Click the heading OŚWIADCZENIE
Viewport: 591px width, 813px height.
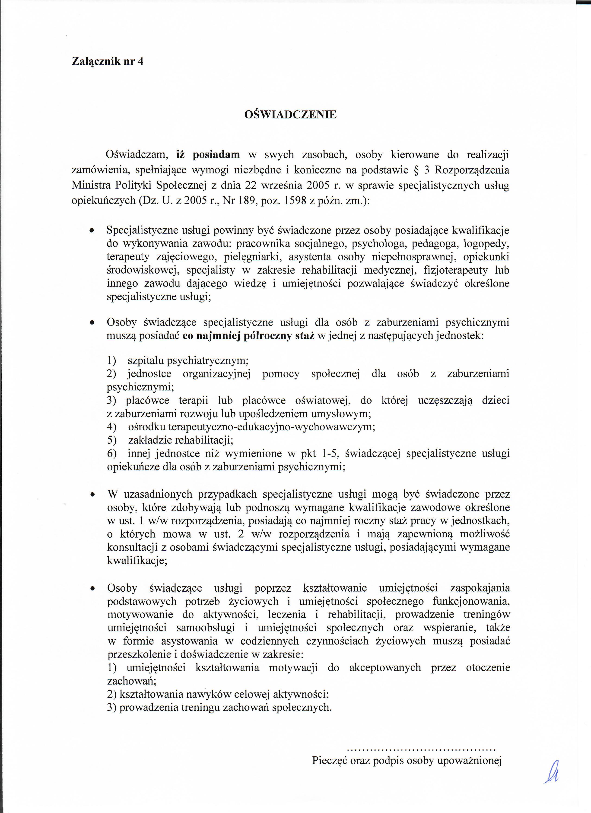tap(290, 115)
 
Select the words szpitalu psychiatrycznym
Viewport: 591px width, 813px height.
tap(188, 360)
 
